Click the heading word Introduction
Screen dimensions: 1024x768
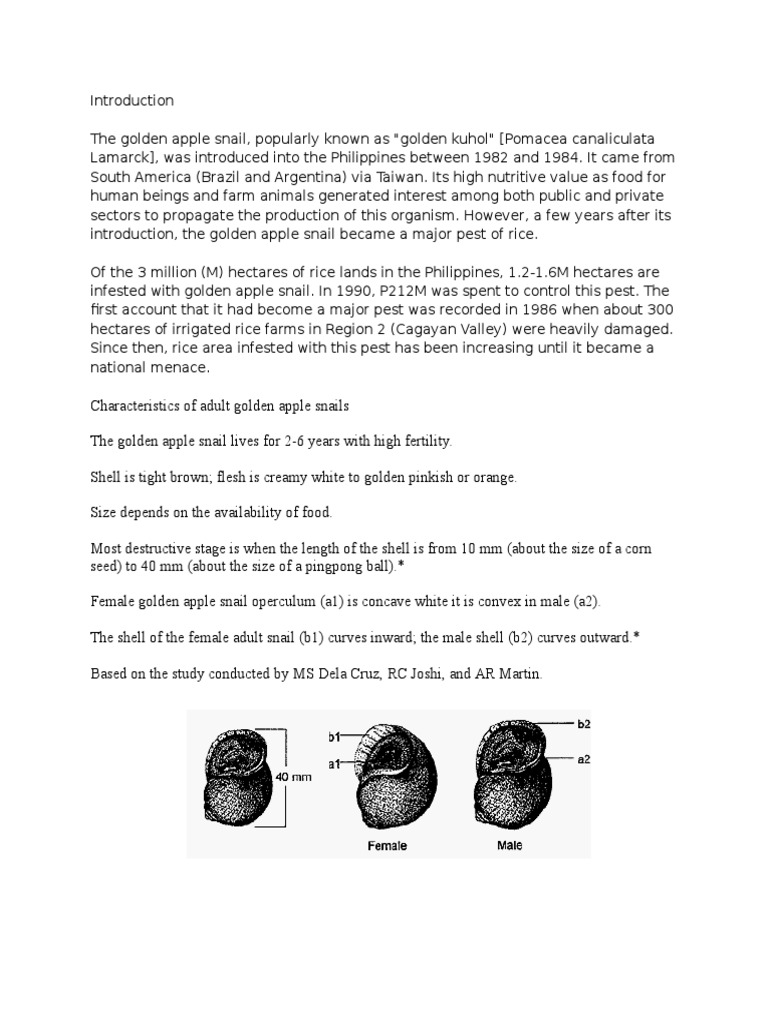(x=132, y=101)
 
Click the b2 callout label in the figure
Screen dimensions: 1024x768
(x=586, y=722)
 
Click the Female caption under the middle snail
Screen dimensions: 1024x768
(x=387, y=845)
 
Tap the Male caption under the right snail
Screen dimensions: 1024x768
(x=510, y=845)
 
